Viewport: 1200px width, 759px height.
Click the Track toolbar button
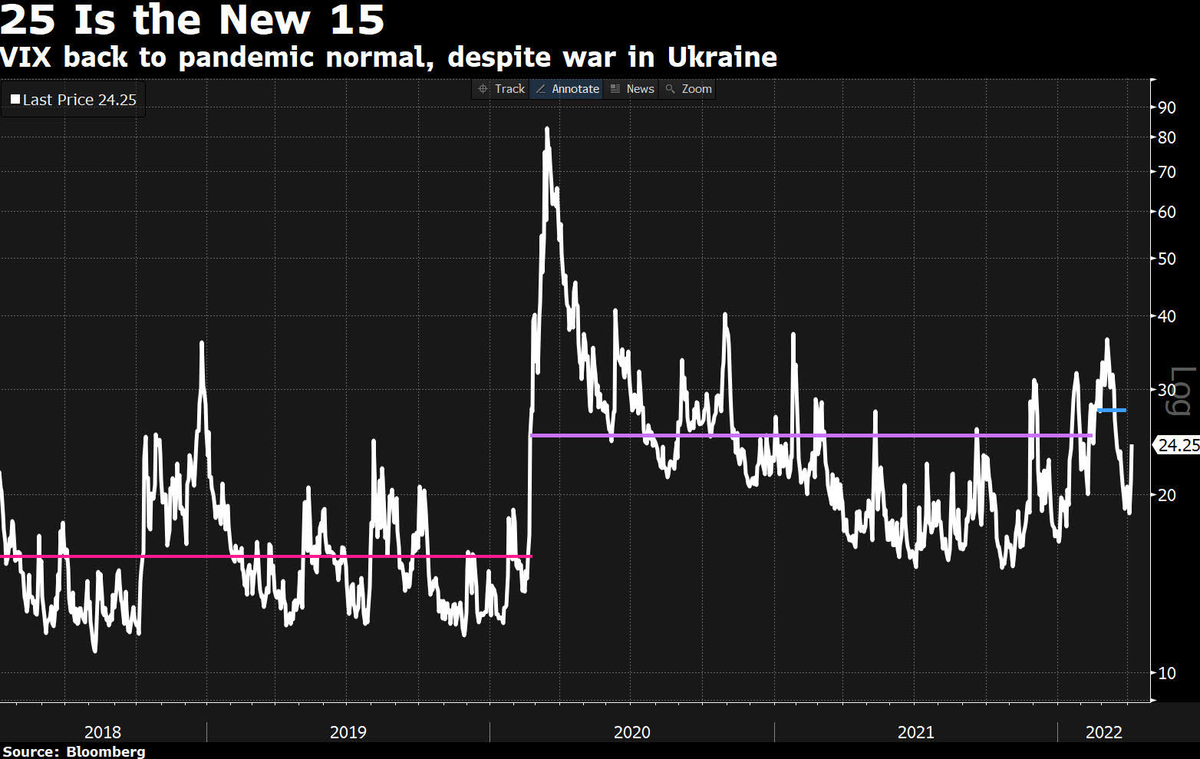pos(502,89)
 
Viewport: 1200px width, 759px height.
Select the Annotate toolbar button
pos(567,89)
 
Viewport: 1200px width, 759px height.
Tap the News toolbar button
pos(632,89)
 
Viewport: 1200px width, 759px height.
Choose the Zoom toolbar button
pos(688,89)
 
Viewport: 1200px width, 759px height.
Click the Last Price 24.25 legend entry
pos(74,100)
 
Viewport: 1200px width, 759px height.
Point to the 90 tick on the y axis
pos(1166,107)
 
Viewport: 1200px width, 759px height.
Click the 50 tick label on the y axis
pos(1166,259)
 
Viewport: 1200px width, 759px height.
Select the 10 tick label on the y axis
pos(1166,673)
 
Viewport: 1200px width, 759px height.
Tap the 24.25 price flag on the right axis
pos(1177,445)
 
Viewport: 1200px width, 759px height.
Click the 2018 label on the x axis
pos(103,732)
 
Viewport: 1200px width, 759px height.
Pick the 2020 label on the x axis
pos(631,732)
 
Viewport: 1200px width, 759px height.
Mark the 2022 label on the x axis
pos(1103,732)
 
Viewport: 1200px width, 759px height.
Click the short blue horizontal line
pos(1112,411)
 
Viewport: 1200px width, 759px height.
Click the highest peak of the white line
pos(546,129)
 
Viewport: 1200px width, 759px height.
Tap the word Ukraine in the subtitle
pos(722,58)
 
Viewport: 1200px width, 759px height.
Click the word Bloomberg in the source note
pos(106,751)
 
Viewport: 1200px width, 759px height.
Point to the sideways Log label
pos(1179,391)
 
